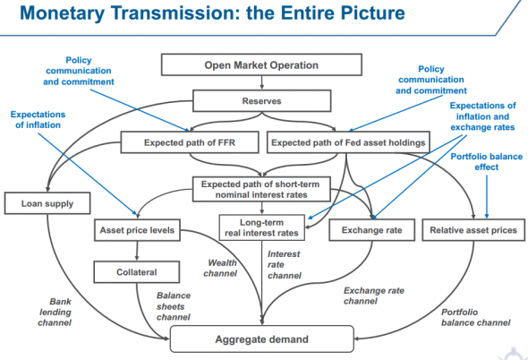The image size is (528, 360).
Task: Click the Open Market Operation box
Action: [263, 65]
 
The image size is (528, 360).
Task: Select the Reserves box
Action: [263, 101]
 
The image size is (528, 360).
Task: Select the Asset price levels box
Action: [136, 231]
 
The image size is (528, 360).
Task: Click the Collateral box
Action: [136, 272]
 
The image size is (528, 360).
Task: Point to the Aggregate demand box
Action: [262, 339]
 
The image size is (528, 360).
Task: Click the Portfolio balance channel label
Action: [475, 317]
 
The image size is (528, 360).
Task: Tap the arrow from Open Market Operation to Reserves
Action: [263, 83]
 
